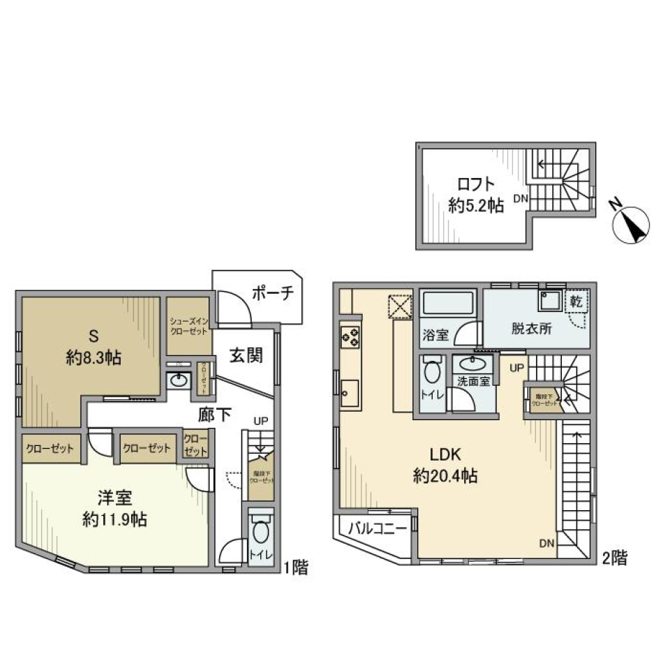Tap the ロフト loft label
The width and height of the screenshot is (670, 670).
point(476,184)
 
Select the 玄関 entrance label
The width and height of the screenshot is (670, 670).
point(246,356)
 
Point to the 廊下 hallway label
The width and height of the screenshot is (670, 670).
point(215,415)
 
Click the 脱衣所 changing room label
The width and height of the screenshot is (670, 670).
point(530,329)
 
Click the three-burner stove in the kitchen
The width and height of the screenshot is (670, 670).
point(350,337)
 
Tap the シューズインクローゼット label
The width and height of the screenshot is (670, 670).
point(188,325)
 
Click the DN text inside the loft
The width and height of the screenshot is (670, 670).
point(521,199)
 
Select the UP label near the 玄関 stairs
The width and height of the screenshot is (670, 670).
point(260,422)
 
